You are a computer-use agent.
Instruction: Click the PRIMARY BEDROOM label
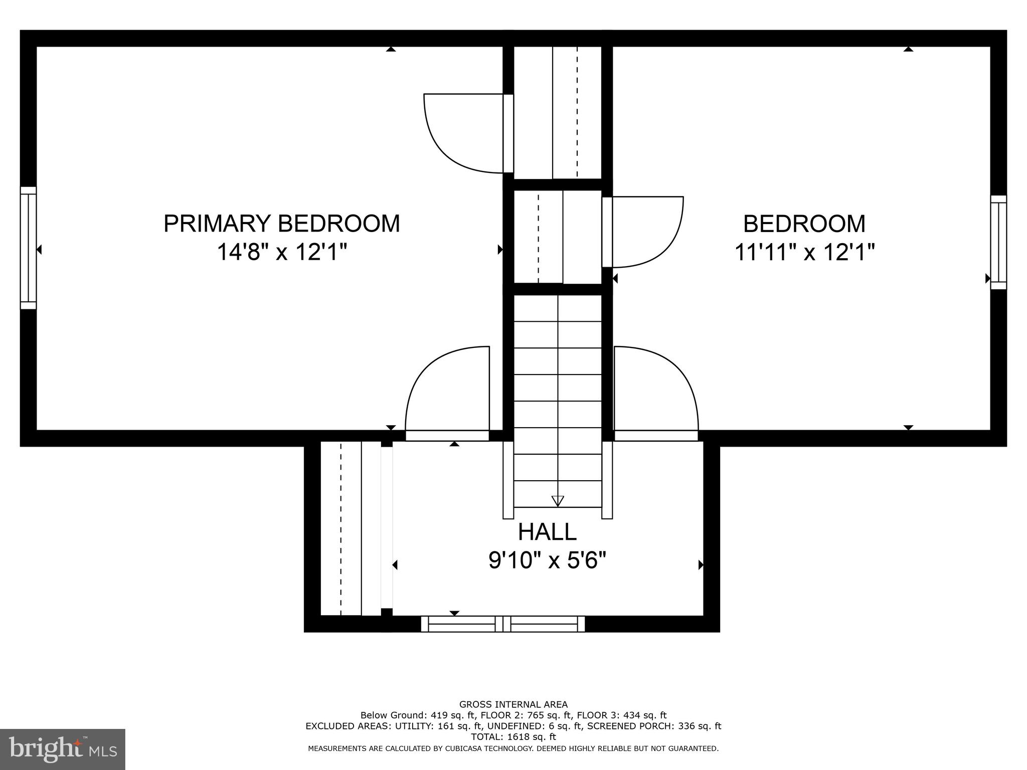tap(282, 224)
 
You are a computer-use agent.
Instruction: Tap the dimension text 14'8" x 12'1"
tap(282, 252)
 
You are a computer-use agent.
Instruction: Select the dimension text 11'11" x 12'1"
tap(804, 252)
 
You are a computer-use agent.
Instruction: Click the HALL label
tap(547, 532)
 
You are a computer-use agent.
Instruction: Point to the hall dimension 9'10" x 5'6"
tap(547, 560)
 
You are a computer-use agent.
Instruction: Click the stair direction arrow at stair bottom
tap(558, 501)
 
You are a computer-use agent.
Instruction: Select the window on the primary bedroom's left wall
tap(28, 248)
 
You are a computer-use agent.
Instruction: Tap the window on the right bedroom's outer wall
tap(998, 242)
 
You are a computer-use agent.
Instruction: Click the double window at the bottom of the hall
tap(502, 624)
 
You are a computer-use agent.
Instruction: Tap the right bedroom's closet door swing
tap(643, 231)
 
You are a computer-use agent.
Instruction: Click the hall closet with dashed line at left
tap(341, 528)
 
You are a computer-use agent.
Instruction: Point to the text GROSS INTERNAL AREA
tap(513, 705)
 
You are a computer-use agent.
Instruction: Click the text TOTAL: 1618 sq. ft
tap(513, 737)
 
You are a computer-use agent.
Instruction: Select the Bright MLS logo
tap(63, 749)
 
